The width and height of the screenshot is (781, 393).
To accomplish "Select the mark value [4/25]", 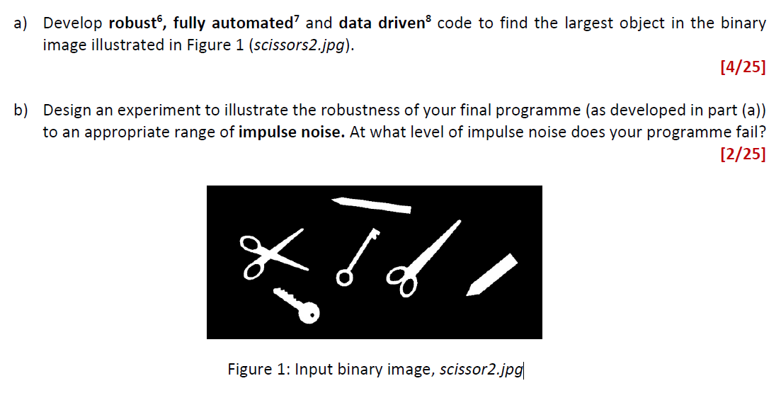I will point(742,68).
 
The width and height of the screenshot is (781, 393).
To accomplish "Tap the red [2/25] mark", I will point(742,155).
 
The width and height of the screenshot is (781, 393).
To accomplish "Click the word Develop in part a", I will point(72,23).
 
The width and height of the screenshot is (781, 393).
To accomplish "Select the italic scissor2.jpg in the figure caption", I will point(481,369).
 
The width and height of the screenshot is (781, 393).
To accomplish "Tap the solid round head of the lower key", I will point(309,311).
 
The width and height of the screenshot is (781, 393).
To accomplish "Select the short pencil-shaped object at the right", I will point(493,274).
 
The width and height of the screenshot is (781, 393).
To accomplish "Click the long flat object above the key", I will point(372,205).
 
